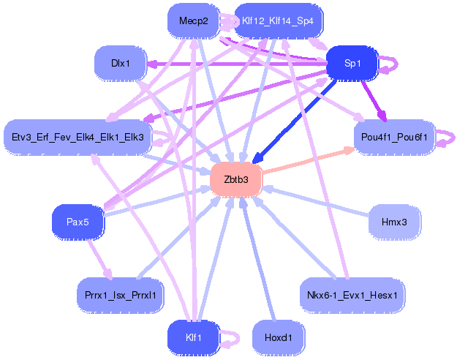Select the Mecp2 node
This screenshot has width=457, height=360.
(194, 21)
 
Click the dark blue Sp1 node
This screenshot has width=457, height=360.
(352, 64)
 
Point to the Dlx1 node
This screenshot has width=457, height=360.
(120, 64)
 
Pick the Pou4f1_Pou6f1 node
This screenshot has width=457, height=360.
(394, 136)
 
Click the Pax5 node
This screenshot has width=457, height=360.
(78, 222)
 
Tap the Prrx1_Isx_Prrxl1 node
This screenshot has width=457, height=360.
(120, 295)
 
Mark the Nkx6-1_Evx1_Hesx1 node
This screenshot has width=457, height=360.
(352, 295)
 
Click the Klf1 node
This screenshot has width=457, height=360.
(194, 337)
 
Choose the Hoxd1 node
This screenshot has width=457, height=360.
(278, 337)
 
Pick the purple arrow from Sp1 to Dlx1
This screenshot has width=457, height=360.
(234, 64)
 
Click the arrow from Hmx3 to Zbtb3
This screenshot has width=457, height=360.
(314, 200)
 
